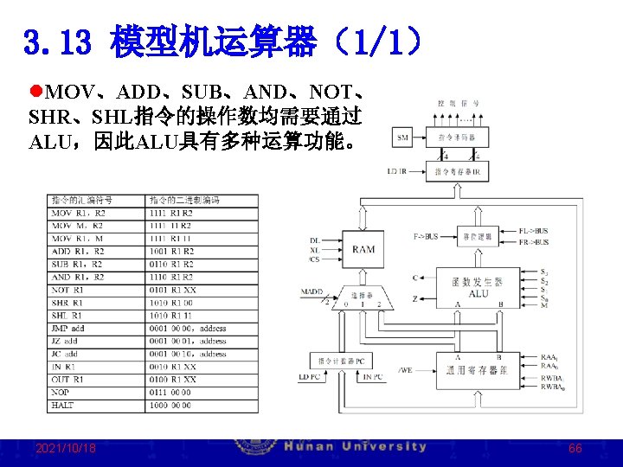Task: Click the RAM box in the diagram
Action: click(x=363, y=249)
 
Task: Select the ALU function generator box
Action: click(x=478, y=288)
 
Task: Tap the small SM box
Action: click(x=403, y=137)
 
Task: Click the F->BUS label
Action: click(x=425, y=235)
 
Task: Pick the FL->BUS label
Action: click(x=533, y=231)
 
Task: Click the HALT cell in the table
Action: click(x=63, y=406)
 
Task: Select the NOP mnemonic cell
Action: click(x=61, y=393)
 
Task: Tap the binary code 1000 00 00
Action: click(x=171, y=406)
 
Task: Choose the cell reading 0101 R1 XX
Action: click(x=172, y=290)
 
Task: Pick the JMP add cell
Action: click(x=68, y=329)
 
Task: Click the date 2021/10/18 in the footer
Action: click(x=66, y=448)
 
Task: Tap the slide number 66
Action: click(x=575, y=449)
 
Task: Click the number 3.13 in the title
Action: click(x=58, y=42)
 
